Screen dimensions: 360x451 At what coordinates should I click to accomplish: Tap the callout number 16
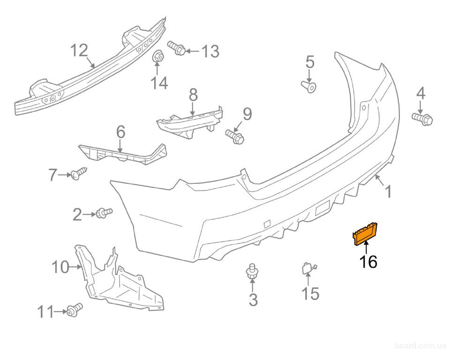[368, 262]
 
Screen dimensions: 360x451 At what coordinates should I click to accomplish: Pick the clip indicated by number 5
[309, 86]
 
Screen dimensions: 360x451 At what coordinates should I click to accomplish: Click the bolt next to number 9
[234, 135]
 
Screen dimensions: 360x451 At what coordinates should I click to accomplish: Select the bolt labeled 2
[104, 213]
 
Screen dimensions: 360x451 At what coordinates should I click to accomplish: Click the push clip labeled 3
[253, 272]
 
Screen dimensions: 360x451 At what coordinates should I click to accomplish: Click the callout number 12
[79, 50]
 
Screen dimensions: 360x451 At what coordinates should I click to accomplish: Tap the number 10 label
[60, 268]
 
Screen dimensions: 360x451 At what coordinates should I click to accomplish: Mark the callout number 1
[388, 191]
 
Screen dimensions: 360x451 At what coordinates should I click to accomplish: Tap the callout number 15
[310, 294]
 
